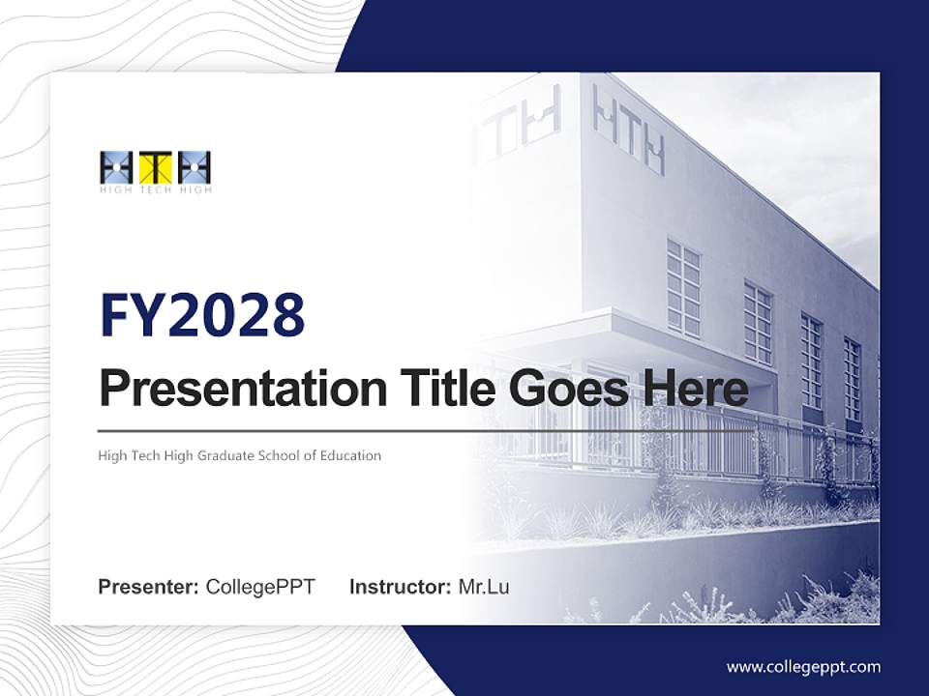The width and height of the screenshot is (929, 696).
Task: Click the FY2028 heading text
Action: pyautogui.click(x=202, y=315)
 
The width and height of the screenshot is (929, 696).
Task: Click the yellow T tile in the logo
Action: pyautogui.click(x=155, y=168)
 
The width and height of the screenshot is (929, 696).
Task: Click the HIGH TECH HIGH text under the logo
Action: pyautogui.click(x=155, y=190)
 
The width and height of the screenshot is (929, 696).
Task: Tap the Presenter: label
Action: pyautogui.click(x=149, y=587)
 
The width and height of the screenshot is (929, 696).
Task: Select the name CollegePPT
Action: pyautogui.click(x=260, y=587)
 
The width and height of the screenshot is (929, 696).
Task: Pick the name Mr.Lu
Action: pyautogui.click(x=484, y=587)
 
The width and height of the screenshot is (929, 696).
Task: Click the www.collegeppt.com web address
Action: pyautogui.click(x=803, y=667)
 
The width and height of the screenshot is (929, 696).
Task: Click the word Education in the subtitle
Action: pyautogui.click(x=350, y=455)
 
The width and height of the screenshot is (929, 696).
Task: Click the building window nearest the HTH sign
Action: pyautogui.click(x=683, y=288)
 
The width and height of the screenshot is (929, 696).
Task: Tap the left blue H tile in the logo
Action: pyautogui.click(x=116, y=168)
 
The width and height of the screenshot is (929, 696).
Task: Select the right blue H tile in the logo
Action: pyautogui.click(x=195, y=168)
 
